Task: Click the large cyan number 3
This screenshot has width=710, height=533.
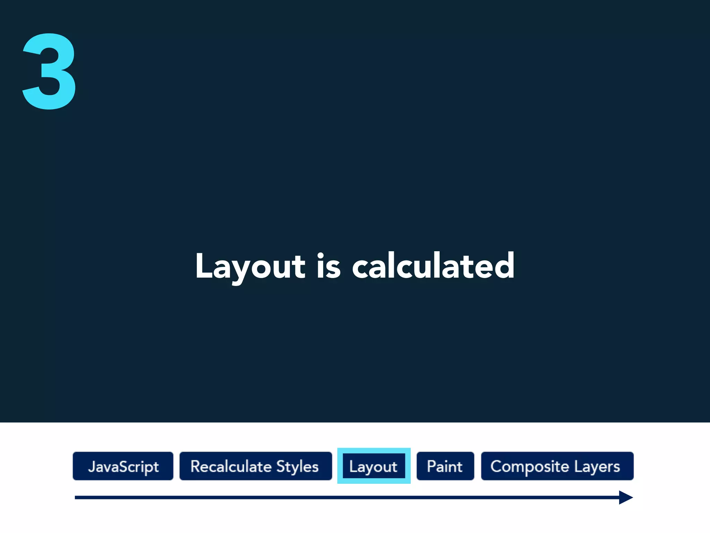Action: pos(49,71)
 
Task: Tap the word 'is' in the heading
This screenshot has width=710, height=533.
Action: pos(328,266)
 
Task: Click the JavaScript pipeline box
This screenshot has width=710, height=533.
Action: pos(123,466)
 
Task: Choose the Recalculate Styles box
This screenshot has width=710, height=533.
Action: pos(256,466)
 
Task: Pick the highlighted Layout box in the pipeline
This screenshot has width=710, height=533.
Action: pos(374,466)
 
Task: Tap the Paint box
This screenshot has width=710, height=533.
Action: pos(445,466)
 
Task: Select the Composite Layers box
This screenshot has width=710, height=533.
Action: pos(557,466)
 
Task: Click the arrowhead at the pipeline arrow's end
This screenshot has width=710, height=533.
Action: pos(626,497)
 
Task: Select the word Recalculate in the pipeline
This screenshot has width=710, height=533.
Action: pos(231,466)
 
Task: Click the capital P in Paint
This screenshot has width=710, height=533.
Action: pos(431,466)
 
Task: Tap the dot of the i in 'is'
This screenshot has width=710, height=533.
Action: pos(321,255)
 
